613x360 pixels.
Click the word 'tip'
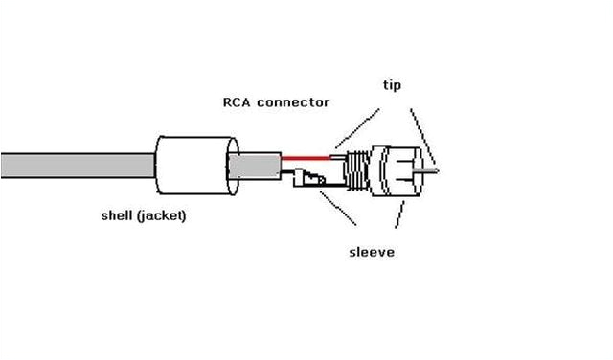tap(392, 85)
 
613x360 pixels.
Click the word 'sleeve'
tap(371, 252)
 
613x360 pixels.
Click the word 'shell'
tap(120, 214)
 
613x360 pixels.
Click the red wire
tap(306, 155)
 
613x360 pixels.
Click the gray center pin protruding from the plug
tap(431, 171)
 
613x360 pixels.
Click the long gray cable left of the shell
tap(77, 165)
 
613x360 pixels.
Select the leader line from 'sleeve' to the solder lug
tap(335, 207)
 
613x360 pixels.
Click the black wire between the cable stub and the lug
tap(287, 172)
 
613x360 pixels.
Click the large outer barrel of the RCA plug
tap(395, 170)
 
